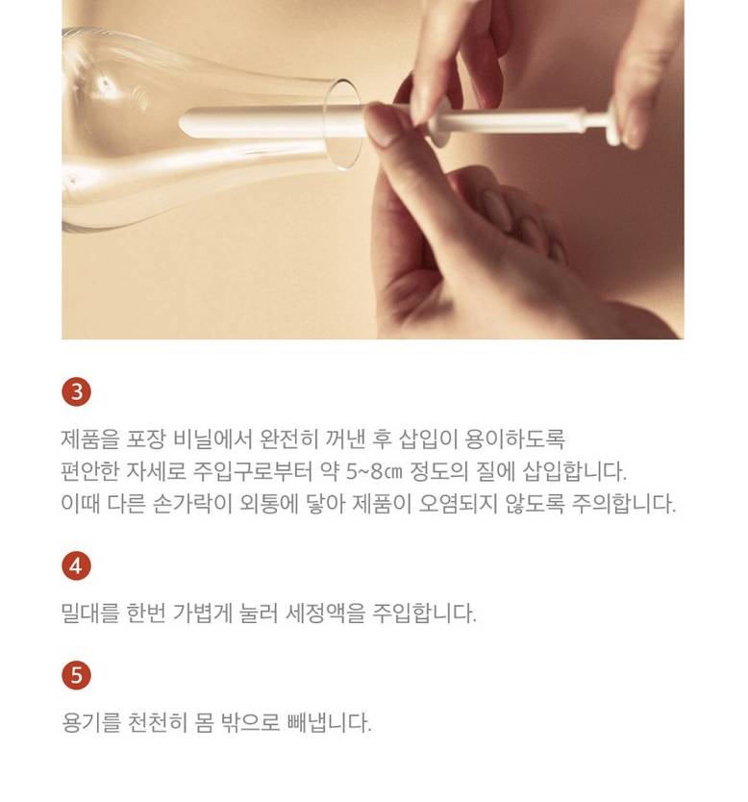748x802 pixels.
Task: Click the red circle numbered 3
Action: [76, 392]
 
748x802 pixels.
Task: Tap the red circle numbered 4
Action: [76, 565]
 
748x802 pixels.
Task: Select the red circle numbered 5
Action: [76, 675]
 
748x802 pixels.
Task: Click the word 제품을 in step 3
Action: [90, 439]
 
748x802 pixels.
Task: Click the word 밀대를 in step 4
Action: [90, 613]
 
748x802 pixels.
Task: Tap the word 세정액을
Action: [325, 613]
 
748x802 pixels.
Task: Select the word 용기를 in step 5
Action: [90, 722]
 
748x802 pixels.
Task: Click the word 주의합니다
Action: [624, 504]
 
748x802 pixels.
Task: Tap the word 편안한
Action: [90, 471]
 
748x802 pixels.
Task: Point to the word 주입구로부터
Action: [253, 471]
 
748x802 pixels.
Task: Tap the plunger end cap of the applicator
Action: [613, 122]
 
